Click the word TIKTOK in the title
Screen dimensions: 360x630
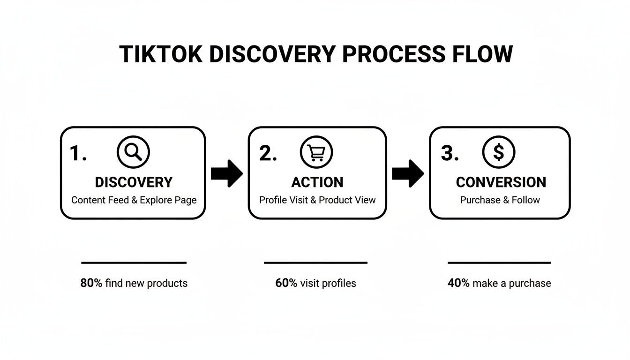click(161, 54)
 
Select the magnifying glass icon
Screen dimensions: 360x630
click(133, 152)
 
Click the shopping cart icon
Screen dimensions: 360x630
click(316, 152)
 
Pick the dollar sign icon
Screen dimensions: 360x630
click(499, 152)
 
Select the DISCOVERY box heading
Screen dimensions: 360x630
click(134, 182)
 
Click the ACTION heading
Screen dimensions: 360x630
click(317, 182)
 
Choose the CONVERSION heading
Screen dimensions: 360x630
click(501, 182)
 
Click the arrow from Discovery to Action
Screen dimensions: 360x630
click(227, 173)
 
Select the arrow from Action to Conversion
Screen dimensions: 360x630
click(408, 173)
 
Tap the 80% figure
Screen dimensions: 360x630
click(91, 283)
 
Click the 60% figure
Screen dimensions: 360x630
click(286, 283)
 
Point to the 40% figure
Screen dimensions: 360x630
click(458, 283)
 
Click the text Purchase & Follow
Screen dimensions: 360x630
click(500, 200)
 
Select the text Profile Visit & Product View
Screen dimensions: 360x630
click(317, 200)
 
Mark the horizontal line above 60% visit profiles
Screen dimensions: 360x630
click(315, 263)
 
